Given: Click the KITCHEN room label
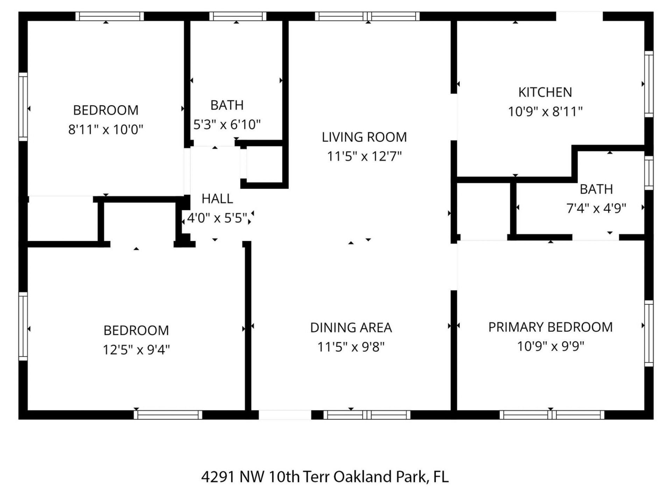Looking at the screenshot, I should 545,92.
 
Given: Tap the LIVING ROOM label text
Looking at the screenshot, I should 364,137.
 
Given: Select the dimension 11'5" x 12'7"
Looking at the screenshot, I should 364,156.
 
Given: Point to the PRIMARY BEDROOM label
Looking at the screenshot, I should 550,327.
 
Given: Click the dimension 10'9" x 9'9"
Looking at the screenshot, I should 550,346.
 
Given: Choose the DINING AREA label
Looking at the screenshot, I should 351,328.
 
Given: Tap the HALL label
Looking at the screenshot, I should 217,199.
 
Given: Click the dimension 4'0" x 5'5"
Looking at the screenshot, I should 217,218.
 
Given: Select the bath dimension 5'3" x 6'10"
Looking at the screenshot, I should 227,125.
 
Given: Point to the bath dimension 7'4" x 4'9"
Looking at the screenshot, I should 596,209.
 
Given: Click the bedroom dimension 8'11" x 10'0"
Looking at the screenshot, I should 106,130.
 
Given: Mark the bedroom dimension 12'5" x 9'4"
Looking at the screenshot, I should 136,350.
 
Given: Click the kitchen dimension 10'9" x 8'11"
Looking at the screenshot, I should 545,112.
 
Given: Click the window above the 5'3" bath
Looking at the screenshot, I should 238,16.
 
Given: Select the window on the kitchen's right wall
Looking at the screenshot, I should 649,84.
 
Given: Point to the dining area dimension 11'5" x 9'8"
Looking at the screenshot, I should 351,347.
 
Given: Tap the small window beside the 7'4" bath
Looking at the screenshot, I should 649,173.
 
